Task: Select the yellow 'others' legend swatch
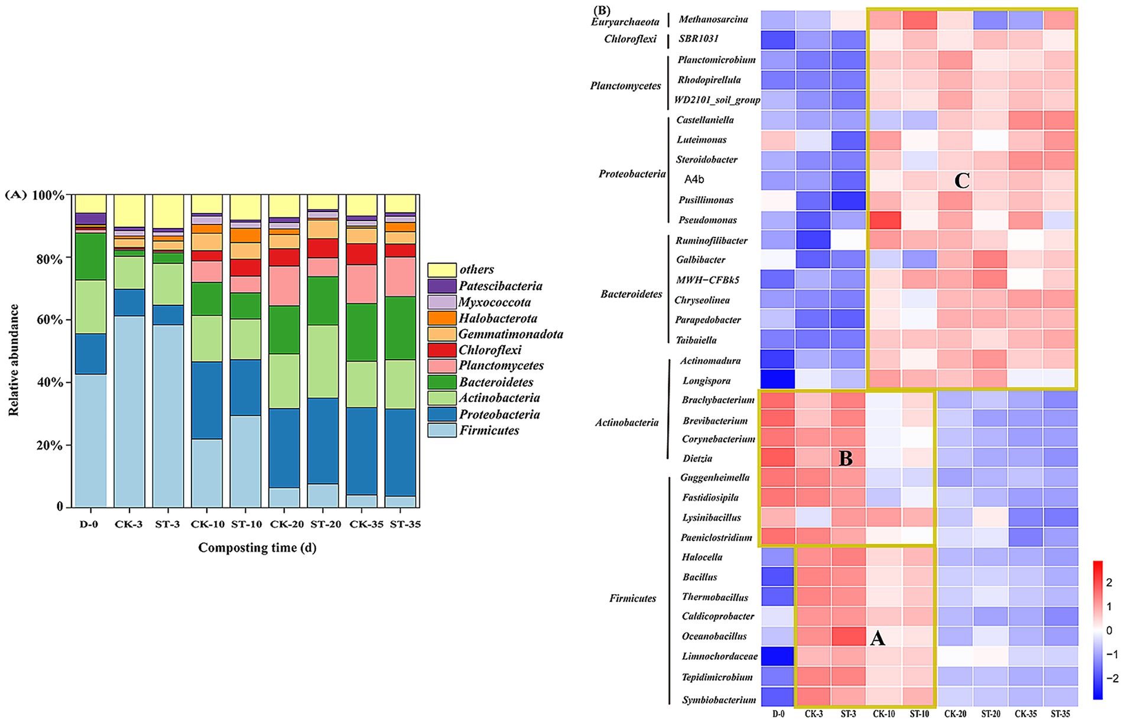pyautogui.click(x=442, y=270)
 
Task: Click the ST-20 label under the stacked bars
pyautogui.click(x=323, y=524)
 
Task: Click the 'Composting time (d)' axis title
pyautogui.click(x=257, y=548)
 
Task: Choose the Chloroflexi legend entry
pyautogui.click(x=490, y=350)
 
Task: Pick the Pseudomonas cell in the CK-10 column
pyautogui.click(x=883, y=220)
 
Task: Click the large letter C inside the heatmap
pyautogui.click(x=962, y=181)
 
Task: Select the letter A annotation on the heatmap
pyautogui.click(x=878, y=637)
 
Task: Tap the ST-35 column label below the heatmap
pyautogui.click(x=1060, y=714)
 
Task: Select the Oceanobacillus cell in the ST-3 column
pyautogui.click(x=848, y=637)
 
